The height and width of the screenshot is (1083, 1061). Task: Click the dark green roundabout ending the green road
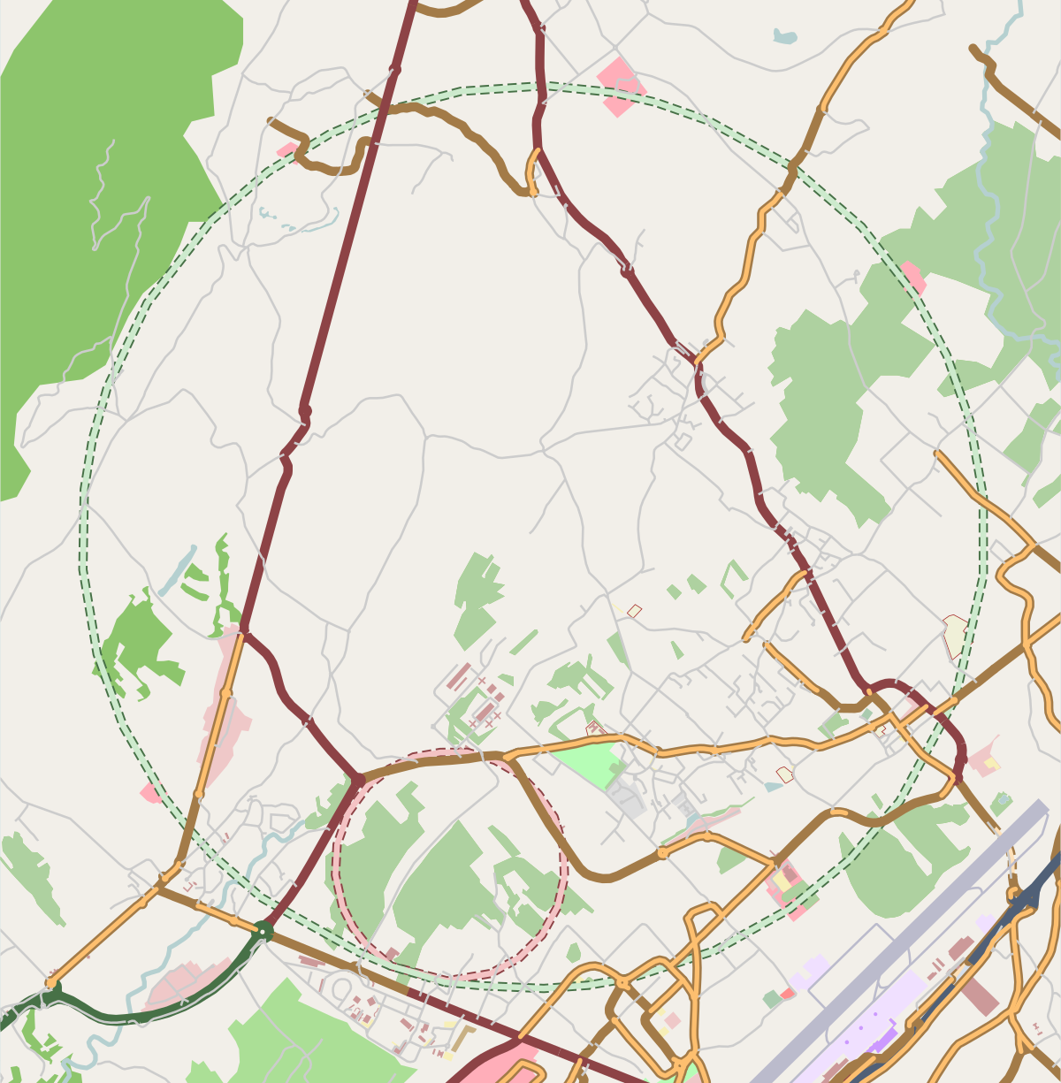pyautogui.click(x=263, y=930)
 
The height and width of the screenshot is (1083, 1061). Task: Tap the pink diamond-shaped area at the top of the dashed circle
pyautogui.click(x=621, y=86)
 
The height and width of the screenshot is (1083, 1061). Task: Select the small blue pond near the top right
pyautogui.click(x=784, y=36)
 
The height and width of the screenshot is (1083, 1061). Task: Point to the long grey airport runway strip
pyautogui.click(x=893, y=946)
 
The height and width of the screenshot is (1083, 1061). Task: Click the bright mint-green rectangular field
pyautogui.click(x=584, y=763)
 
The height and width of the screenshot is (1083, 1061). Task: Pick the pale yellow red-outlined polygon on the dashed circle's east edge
pyautogui.click(x=955, y=635)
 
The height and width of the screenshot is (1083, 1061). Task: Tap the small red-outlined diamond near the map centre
pyautogui.click(x=634, y=610)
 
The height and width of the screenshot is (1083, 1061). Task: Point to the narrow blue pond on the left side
pyautogui.click(x=178, y=571)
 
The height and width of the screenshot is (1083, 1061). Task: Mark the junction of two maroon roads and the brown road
pyautogui.click(x=357, y=779)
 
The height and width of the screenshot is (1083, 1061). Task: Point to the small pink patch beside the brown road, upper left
pyautogui.click(x=287, y=150)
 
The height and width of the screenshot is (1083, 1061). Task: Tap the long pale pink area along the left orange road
pyautogui.click(x=221, y=707)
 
